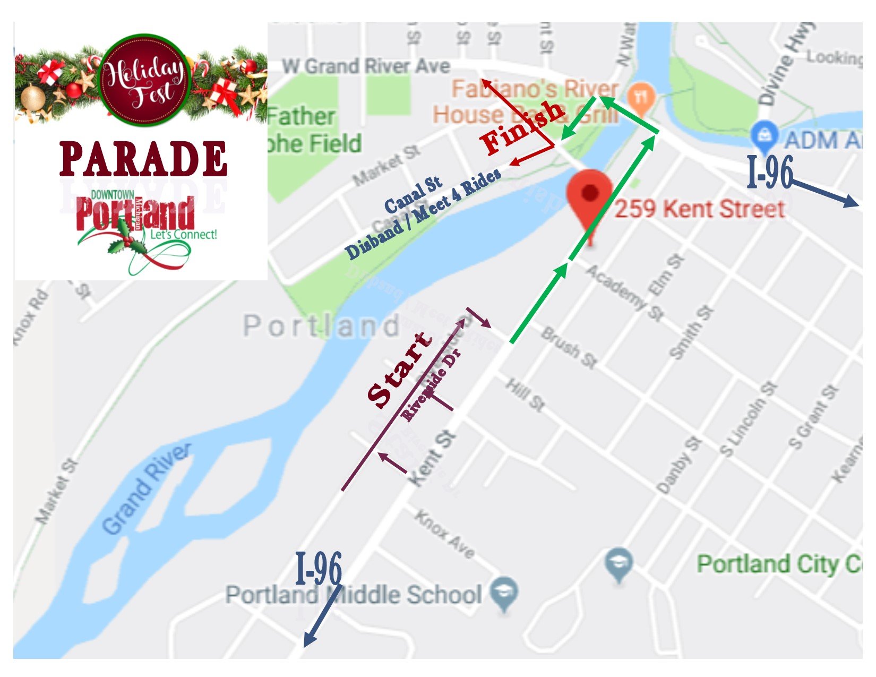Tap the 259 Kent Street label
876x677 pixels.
pyautogui.click(x=699, y=209)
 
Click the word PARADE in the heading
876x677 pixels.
pyautogui.click(x=143, y=159)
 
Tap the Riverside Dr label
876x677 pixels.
pyautogui.click(x=431, y=384)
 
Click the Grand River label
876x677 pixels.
pyautogui.click(x=146, y=489)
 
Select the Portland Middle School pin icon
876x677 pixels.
pyautogui.click(x=503, y=594)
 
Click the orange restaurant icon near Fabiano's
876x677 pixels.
pyautogui.click(x=641, y=98)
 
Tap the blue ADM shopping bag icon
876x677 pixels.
pyautogui.click(x=765, y=135)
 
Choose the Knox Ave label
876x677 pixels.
pyautogui.click(x=445, y=534)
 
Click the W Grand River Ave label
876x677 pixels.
pyautogui.click(x=366, y=66)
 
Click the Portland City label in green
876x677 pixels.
pyautogui.click(x=778, y=564)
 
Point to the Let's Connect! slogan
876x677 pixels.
pyautogui.click(x=184, y=234)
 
